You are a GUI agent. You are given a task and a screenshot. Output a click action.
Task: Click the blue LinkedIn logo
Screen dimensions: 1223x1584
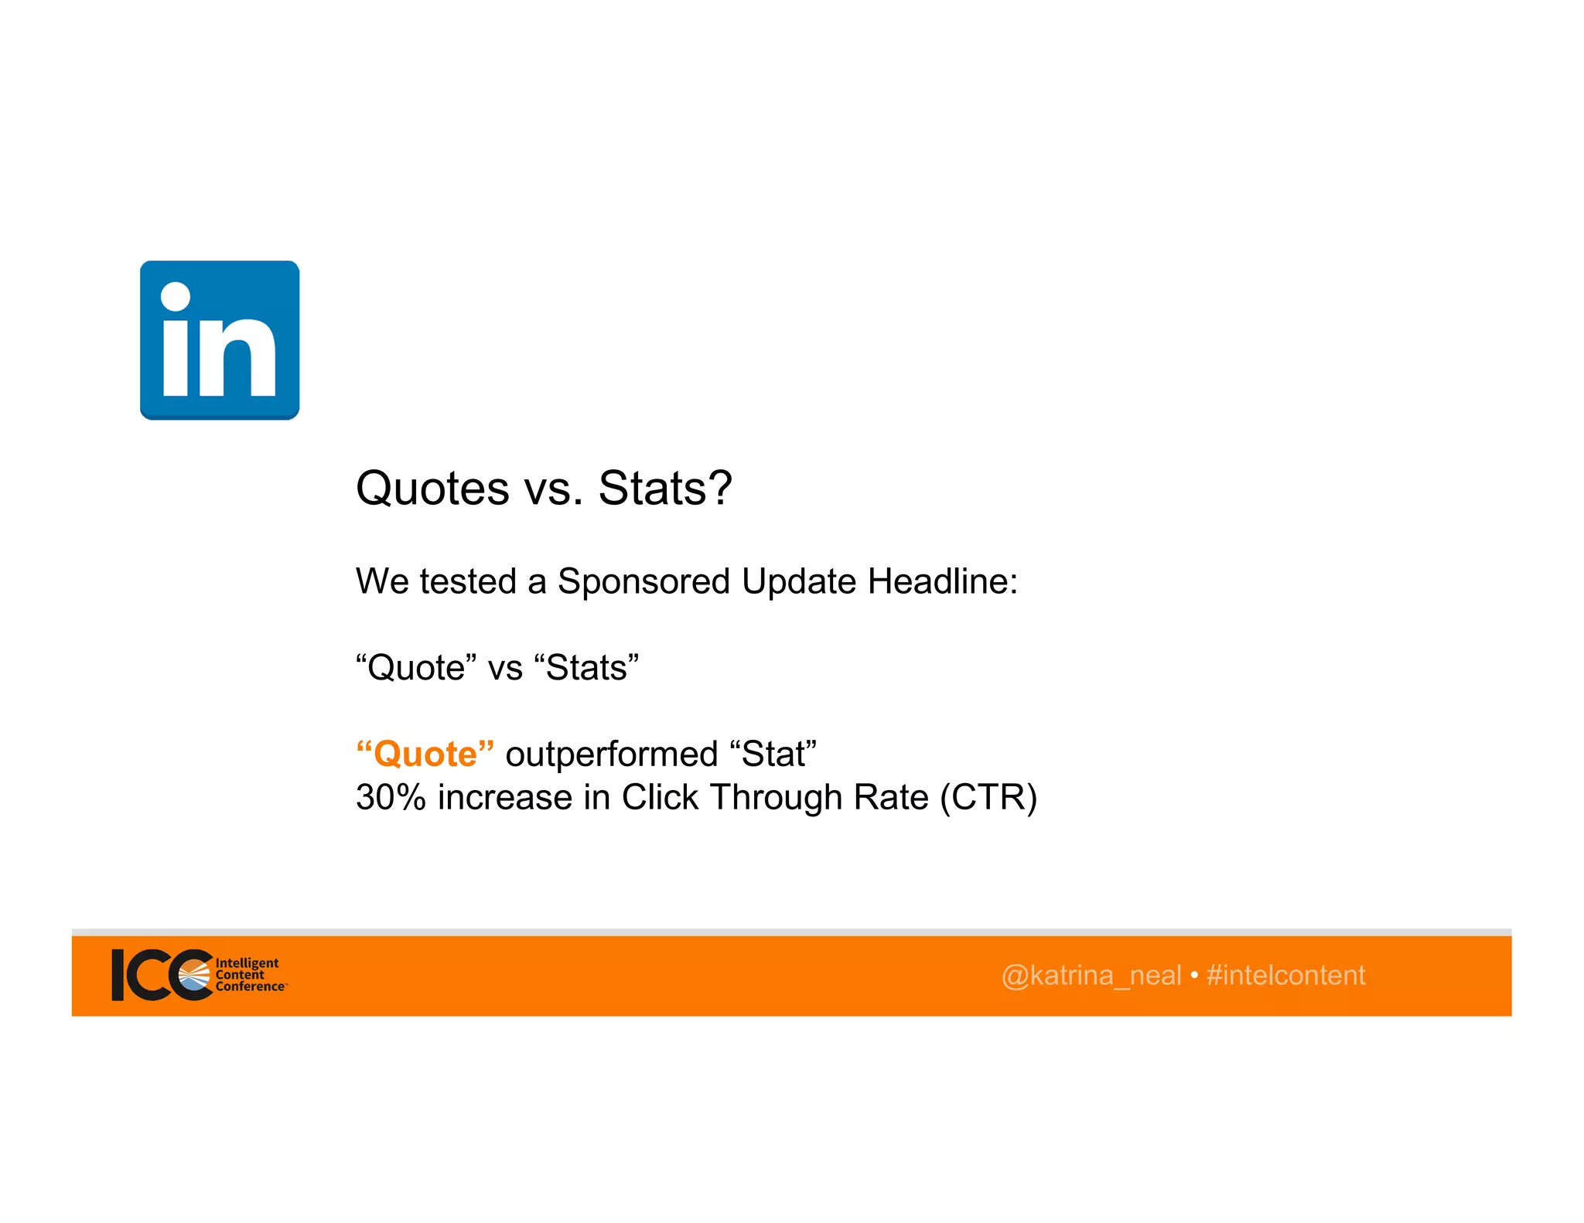pos(220,340)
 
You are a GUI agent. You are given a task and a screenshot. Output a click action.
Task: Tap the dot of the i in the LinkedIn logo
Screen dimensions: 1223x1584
pos(176,297)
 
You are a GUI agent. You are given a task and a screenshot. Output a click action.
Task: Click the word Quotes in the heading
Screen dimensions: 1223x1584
pos(432,489)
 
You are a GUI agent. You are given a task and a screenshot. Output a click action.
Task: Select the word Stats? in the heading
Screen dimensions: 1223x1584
pos(665,489)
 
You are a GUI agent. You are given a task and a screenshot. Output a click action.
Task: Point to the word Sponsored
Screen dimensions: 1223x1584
pos(643,581)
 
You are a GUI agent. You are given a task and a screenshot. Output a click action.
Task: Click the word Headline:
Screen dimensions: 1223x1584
pos(943,581)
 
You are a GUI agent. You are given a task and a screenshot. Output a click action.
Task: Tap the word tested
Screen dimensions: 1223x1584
pos(467,581)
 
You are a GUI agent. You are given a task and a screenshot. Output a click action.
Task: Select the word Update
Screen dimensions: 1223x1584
pos(799,581)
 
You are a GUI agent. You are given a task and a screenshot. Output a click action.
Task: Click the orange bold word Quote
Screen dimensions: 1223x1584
pos(425,754)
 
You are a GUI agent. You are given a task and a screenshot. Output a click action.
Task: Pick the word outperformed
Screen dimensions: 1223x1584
pos(612,755)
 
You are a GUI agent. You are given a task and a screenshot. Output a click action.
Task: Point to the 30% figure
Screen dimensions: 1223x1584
pos(391,797)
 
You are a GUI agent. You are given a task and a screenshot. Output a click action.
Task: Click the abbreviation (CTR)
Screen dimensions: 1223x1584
pos(988,797)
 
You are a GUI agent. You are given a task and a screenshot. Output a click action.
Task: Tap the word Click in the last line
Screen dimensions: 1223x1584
pos(660,797)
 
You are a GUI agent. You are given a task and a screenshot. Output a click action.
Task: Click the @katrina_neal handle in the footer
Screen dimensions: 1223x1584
pos(1091,976)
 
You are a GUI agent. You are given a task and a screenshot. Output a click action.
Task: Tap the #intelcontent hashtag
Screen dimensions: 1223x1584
pos(1285,976)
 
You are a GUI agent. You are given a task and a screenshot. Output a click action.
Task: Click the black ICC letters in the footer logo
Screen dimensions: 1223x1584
pos(155,975)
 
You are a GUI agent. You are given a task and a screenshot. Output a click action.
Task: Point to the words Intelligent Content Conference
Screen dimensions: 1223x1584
pos(248,975)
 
